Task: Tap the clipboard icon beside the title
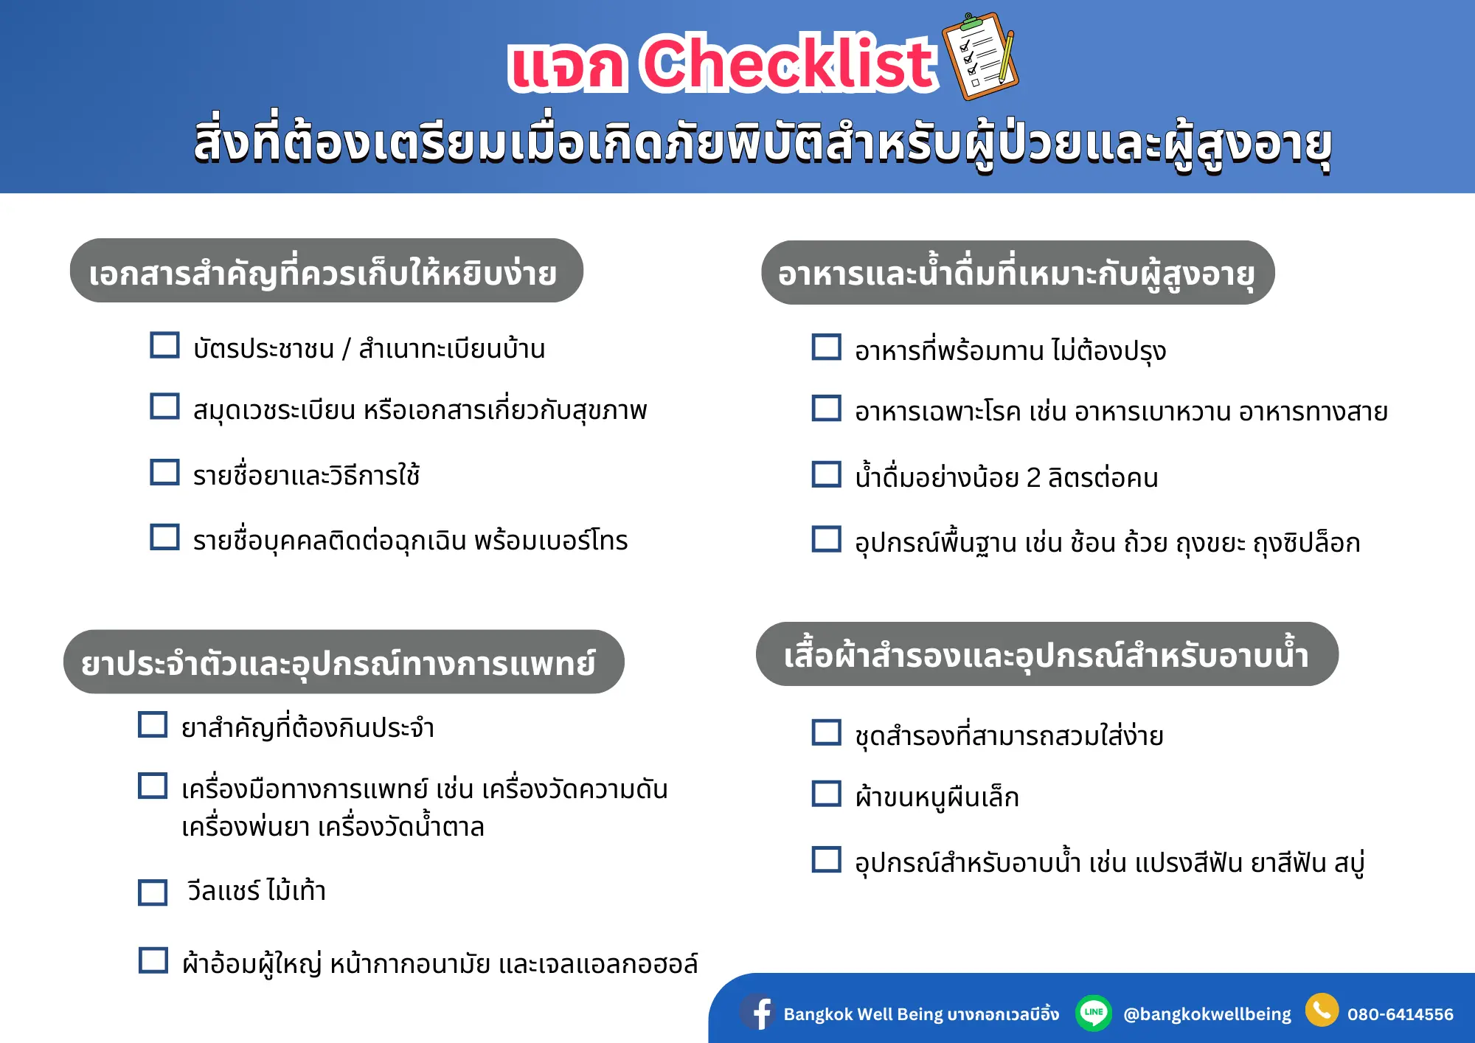pyautogui.click(x=981, y=56)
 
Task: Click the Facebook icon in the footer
pyautogui.click(x=757, y=1012)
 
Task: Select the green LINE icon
pyautogui.click(x=1094, y=1012)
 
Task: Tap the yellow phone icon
pyautogui.click(x=1322, y=1010)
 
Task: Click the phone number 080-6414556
pyautogui.click(x=1400, y=1014)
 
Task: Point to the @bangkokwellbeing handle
pyautogui.click(x=1207, y=1015)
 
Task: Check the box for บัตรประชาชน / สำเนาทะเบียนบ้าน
pyautogui.click(x=164, y=344)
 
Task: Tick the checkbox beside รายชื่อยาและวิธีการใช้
pyautogui.click(x=164, y=472)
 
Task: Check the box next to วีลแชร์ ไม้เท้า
pyautogui.click(x=153, y=892)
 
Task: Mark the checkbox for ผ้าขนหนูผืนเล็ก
pyautogui.click(x=826, y=794)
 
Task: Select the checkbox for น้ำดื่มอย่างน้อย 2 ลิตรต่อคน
pyautogui.click(x=826, y=474)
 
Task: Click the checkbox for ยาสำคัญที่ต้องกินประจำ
pyautogui.click(x=153, y=724)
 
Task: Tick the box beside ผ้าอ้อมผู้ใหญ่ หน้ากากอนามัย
pyautogui.click(x=153, y=960)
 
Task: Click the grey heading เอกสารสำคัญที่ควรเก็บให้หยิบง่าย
pyautogui.click(x=327, y=271)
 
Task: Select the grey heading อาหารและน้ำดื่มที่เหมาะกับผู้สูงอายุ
pyautogui.click(x=1018, y=272)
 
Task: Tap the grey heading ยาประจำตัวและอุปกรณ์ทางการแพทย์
pyautogui.click(x=344, y=662)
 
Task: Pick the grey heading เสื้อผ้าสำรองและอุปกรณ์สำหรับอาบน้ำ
pyautogui.click(x=1047, y=654)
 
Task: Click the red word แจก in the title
pyautogui.click(x=567, y=67)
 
